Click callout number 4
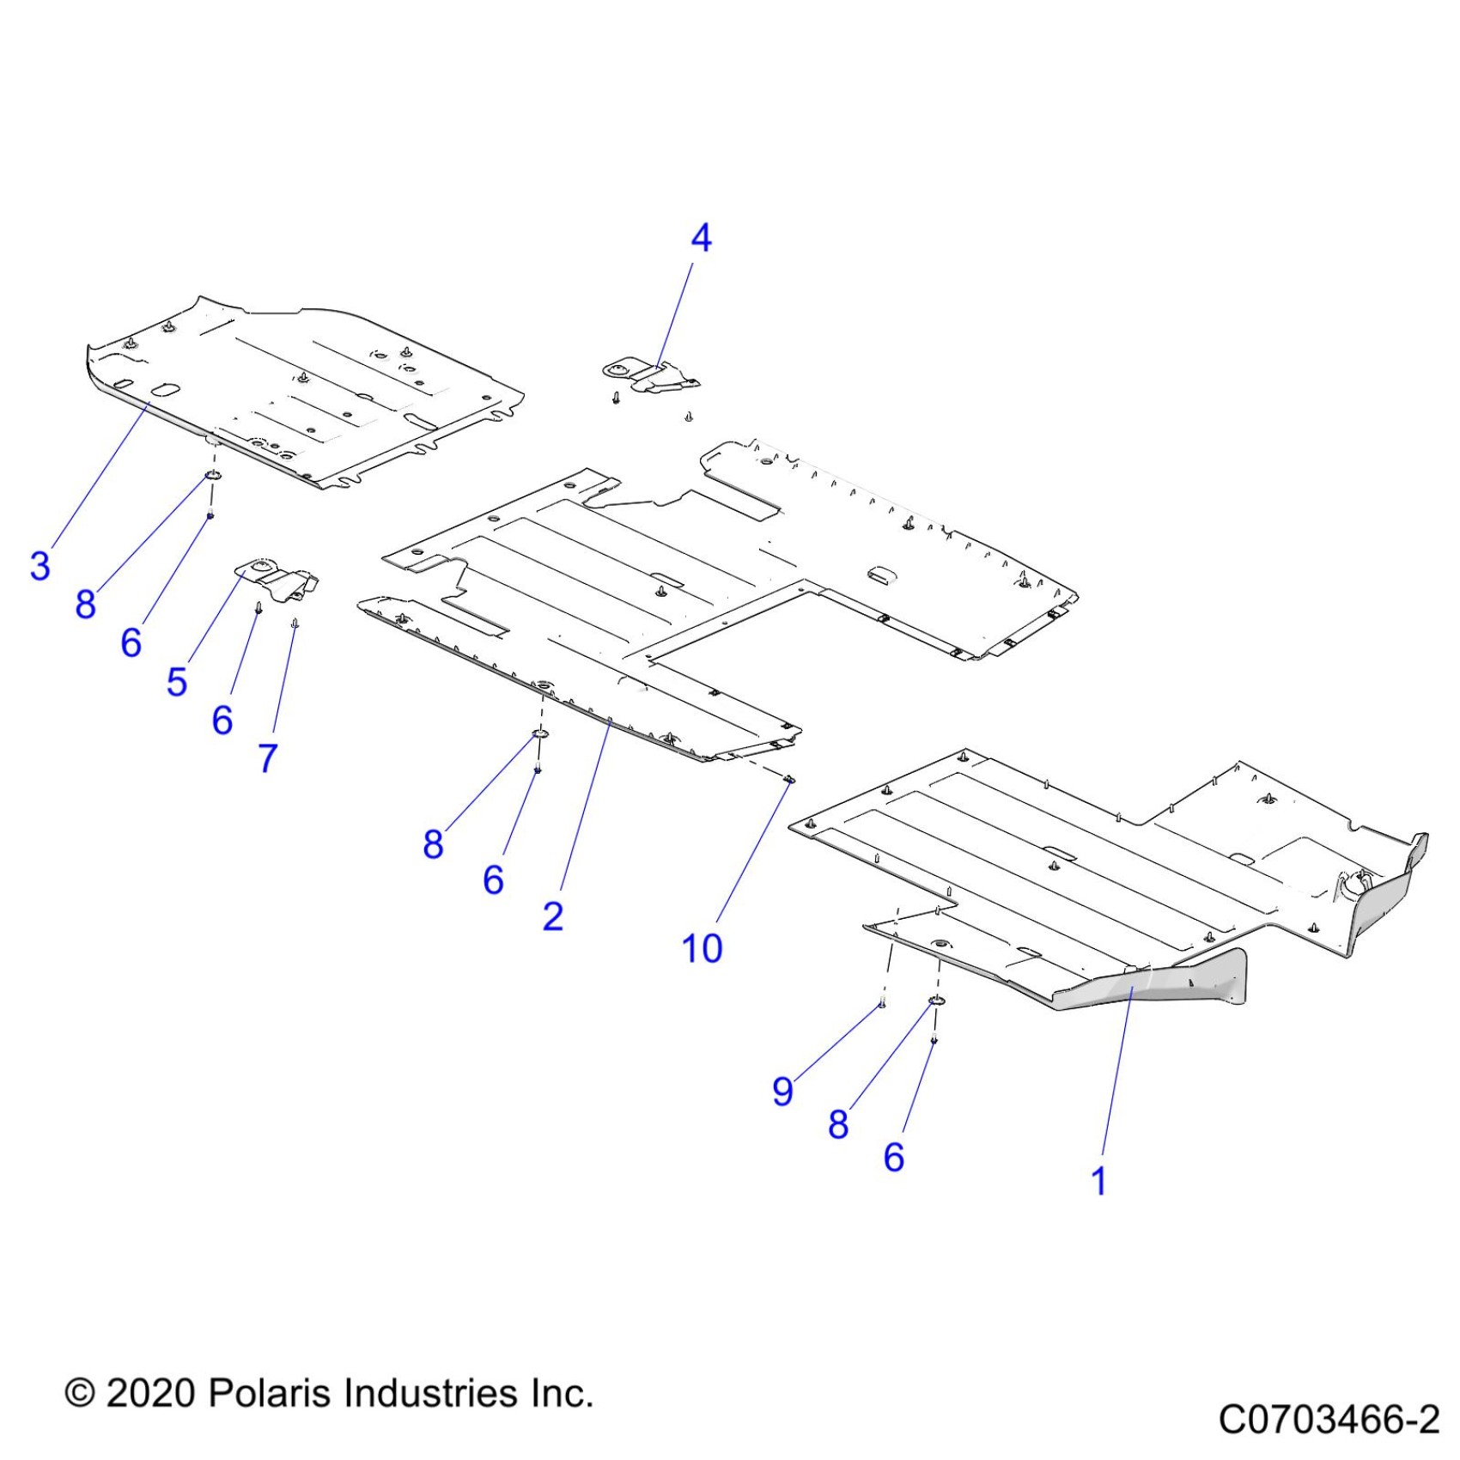701,238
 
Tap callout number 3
40,566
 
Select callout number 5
176,682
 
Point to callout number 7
268,757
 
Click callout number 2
553,916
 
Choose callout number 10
702,948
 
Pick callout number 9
782,1092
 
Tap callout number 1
1098,1181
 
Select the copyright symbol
80,1393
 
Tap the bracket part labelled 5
275,578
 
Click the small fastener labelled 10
790,779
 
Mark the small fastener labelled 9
882,1003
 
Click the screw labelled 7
295,624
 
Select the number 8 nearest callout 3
85,604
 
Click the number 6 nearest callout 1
894,1157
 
